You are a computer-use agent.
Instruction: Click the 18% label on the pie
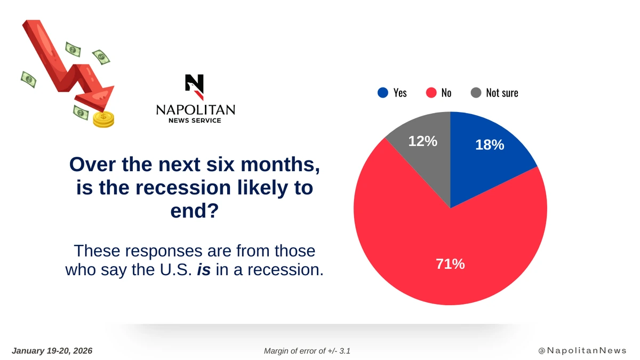tap(490, 145)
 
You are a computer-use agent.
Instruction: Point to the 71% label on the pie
tap(451, 263)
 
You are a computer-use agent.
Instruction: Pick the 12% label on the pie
tap(423, 141)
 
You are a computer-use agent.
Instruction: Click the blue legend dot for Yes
tap(382, 93)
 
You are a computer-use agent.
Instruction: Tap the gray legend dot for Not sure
tap(476, 93)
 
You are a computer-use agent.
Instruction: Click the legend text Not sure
tap(502, 93)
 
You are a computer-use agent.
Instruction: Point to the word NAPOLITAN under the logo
tap(195, 110)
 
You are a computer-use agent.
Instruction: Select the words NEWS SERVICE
tap(195, 121)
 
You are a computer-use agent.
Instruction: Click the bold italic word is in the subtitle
tap(203, 269)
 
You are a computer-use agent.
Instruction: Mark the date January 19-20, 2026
tap(52, 351)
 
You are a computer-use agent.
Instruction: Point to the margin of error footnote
tap(307, 351)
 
